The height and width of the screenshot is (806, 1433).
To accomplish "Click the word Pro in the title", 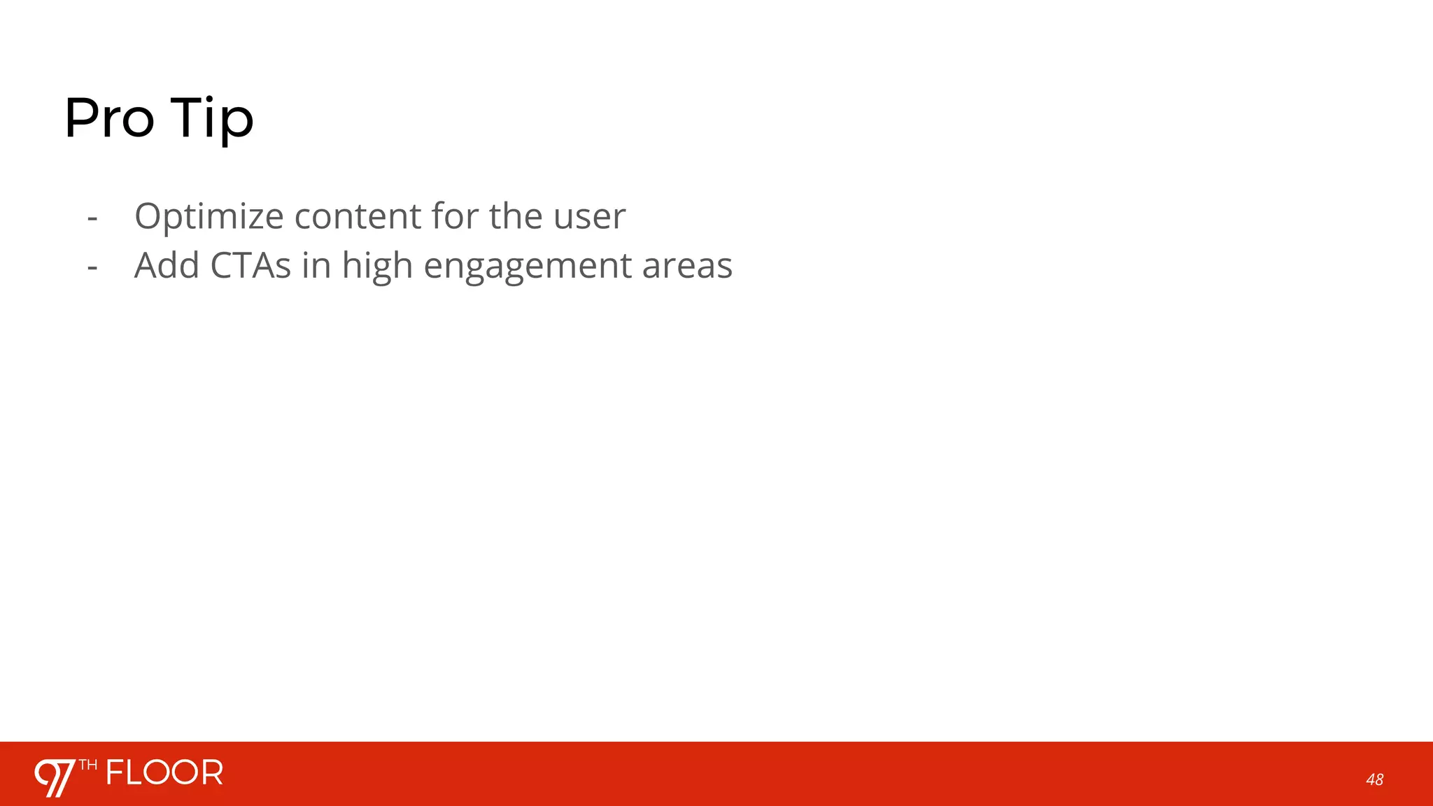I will point(109,118).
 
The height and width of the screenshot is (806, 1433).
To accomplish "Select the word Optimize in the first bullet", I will point(209,217).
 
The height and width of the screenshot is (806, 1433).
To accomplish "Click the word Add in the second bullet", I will point(167,266).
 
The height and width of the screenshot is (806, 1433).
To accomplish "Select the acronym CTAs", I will point(250,266).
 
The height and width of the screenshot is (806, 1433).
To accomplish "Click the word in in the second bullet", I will point(316,266).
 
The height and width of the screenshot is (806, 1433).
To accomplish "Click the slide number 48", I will point(1374,779).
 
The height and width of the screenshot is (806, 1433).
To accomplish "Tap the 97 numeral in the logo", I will point(55,777).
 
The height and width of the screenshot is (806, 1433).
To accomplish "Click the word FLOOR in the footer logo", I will point(164,773).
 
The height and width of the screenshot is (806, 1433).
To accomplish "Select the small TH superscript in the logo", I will point(88,765).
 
